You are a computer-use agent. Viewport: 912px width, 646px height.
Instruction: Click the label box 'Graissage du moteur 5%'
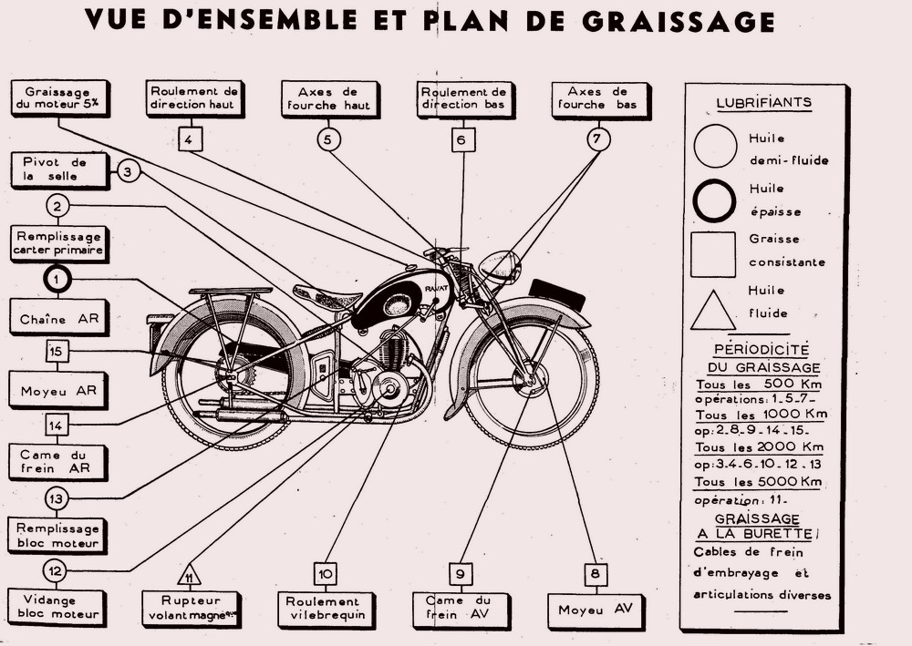pyautogui.click(x=57, y=98)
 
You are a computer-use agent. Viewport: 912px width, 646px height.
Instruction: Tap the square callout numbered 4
pyautogui.click(x=189, y=139)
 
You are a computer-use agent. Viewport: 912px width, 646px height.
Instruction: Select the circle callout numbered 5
pyautogui.click(x=328, y=139)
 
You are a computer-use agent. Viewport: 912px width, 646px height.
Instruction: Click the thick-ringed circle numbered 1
pyautogui.click(x=57, y=279)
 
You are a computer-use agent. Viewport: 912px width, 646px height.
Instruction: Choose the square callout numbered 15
pyautogui.click(x=57, y=350)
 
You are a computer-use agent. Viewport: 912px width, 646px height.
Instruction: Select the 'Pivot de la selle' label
pyautogui.click(x=57, y=169)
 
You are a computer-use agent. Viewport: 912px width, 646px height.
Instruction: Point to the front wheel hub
pyautogui.click(x=530, y=381)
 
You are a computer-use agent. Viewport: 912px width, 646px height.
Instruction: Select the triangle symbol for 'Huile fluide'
pyautogui.click(x=713, y=307)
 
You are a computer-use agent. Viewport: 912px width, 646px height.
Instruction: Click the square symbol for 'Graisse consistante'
pyautogui.click(x=713, y=253)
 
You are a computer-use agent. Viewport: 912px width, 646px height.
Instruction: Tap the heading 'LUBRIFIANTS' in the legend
pyautogui.click(x=763, y=102)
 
